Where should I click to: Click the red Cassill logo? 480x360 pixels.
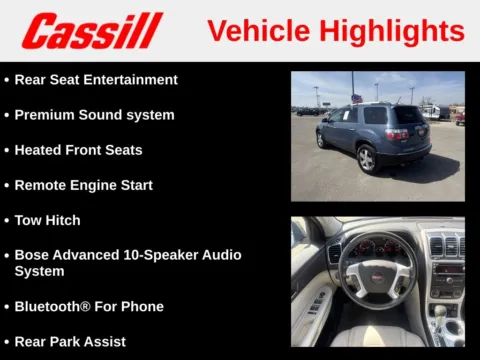pos(92,31)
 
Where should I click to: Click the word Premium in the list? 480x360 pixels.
pos(46,115)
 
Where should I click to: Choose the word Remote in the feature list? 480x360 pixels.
pos(41,185)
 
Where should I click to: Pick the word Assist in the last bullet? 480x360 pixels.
pos(104,342)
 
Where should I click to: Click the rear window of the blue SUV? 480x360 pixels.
pos(409,116)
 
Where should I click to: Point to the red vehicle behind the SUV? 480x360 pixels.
pos(460,118)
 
